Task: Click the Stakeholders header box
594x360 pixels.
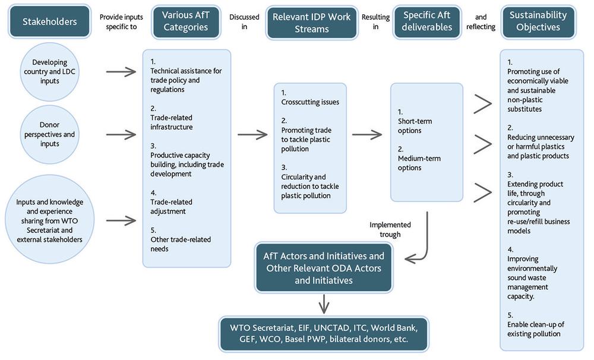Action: tap(49, 22)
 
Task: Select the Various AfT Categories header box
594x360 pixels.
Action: tap(185, 21)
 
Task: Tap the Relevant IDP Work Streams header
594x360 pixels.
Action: tap(311, 23)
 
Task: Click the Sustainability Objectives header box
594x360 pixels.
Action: tap(538, 21)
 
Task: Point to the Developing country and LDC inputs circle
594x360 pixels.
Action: tap(50, 72)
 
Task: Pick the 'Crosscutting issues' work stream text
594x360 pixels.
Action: tap(310, 102)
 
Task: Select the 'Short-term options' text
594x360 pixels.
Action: tap(415, 126)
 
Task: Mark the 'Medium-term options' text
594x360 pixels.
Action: tap(418, 163)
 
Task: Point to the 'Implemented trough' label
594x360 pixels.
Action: tap(390, 229)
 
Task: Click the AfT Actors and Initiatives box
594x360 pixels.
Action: tap(324, 267)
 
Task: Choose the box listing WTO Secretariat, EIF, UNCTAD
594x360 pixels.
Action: tap(324, 334)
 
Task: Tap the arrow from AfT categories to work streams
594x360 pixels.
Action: tap(252, 135)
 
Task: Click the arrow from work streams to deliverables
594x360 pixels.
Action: tap(367, 135)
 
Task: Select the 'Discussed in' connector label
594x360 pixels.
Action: tap(244, 22)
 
